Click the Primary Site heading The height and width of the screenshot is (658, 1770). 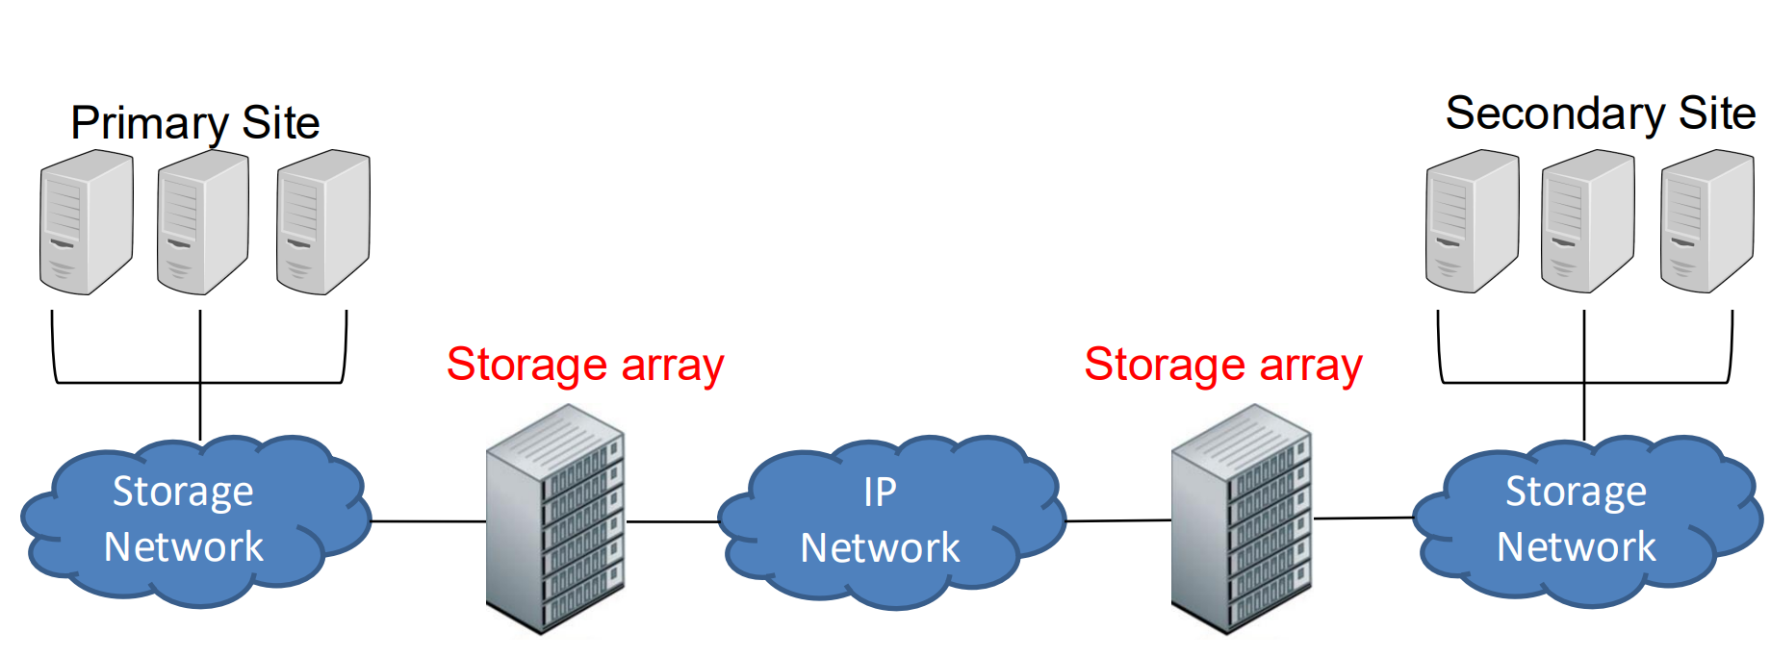(x=194, y=123)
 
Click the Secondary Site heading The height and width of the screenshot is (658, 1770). (x=1600, y=114)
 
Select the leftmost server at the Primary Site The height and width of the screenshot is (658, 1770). (x=86, y=222)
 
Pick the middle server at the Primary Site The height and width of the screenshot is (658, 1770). (x=203, y=222)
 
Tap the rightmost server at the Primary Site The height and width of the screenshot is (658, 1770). (x=322, y=222)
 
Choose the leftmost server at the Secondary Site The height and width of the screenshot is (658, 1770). (x=1472, y=222)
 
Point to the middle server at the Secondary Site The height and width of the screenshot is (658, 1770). (x=1587, y=222)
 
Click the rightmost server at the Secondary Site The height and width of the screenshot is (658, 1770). (x=1706, y=222)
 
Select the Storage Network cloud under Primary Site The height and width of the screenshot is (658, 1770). (x=192, y=520)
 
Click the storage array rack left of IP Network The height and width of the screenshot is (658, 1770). (x=555, y=519)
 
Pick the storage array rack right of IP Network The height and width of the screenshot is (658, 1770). (x=1242, y=519)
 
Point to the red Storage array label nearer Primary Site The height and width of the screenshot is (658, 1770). (x=584, y=366)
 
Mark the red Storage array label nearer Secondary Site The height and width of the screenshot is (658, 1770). (x=1222, y=366)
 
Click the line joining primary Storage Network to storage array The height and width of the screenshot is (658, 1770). (x=428, y=521)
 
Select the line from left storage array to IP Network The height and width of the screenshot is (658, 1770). (x=673, y=521)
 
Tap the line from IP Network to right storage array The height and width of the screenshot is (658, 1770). (x=1118, y=520)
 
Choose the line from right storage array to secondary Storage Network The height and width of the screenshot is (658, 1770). (x=1364, y=518)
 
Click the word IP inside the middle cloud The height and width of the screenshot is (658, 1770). (x=880, y=493)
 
